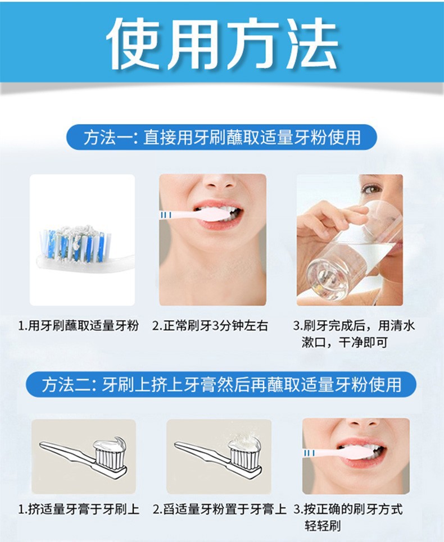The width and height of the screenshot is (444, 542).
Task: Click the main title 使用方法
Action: [x=223, y=43]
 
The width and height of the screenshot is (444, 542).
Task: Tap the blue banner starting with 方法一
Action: [x=221, y=137]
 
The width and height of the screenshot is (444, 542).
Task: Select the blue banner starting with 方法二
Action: [x=221, y=384]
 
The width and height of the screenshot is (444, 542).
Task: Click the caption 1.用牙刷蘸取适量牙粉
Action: [x=79, y=326]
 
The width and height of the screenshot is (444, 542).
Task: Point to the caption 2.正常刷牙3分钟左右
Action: [x=210, y=326]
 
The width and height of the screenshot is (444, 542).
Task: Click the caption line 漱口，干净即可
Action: [x=345, y=342]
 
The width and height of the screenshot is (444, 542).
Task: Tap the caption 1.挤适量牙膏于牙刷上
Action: [x=79, y=509]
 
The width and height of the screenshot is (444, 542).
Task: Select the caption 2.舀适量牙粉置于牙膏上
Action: [x=220, y=509]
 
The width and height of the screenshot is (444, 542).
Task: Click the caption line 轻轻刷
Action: [x=322, y=526]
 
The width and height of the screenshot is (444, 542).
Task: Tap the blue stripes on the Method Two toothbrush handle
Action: [x=309, y=453]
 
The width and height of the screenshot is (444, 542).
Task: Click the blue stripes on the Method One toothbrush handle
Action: [x=166, y=215]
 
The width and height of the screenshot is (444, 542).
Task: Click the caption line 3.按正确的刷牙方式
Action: [x=348, y=509]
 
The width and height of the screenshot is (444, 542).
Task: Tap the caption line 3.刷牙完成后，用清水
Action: [x=354, y=326]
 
